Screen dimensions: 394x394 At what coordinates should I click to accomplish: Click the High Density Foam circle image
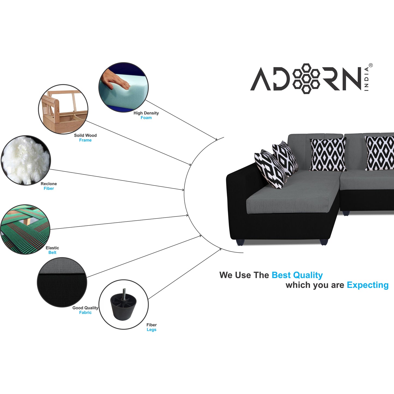click(124, 87)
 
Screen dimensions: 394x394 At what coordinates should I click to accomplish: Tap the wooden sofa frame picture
click(63, 109)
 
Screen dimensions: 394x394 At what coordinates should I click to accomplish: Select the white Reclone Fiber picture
click(26, 160)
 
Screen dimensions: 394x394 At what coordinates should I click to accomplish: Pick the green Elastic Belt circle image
click(25, 229)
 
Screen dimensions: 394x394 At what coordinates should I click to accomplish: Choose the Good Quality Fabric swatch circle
click(62, 282)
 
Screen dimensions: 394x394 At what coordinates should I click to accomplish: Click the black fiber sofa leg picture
click(124, 305)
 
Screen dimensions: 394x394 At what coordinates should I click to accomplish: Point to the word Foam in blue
click(146, 118)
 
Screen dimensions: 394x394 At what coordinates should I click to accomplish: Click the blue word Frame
click(85, 140)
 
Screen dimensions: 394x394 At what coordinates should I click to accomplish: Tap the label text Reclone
click(49, 184)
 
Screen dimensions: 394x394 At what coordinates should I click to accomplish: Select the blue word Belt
click(52, 252)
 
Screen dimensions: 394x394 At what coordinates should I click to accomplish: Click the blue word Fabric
click(85, 312)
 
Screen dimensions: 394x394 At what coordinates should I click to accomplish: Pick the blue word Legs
click(152, 330)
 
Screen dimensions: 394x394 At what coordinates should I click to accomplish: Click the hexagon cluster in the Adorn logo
click(306, 79)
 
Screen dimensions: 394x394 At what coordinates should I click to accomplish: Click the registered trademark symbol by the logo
click(371, 65)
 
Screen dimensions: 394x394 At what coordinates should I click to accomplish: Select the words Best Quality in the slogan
click(297, 275)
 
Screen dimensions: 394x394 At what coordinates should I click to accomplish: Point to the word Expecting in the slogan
click(368, 285)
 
